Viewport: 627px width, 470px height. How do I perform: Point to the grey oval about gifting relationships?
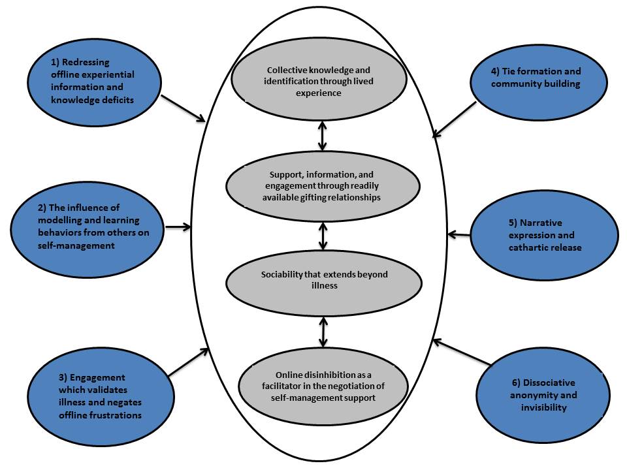[323, 187]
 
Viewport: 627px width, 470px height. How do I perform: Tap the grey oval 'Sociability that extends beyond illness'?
[323, 279]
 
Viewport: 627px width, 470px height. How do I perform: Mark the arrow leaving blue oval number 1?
[183, 108]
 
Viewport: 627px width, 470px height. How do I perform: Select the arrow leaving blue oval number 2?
[178, 228]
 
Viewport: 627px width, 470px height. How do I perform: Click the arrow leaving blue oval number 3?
[188, 362]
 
